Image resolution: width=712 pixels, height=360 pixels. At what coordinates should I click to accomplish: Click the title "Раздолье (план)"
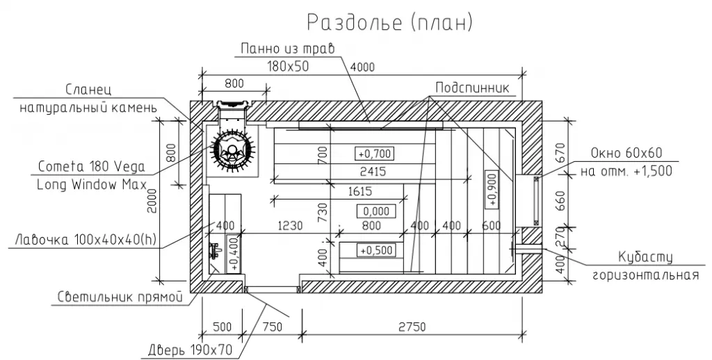pyautogui.click(x=389, y=22)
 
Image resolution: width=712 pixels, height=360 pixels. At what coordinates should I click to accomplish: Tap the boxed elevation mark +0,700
pyautogui.click(x=374, y=154)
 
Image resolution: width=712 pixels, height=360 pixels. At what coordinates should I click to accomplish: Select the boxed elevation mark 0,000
pyautogui.click(x=376, y=211)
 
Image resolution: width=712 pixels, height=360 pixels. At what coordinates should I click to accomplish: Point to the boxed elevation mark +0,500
pyautogui.click(x=376, y=250)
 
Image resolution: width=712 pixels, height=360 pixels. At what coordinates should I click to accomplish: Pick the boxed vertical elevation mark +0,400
pyautogui.click(x=234, y=254)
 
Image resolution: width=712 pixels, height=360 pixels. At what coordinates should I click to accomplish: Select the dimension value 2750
pyautogui.click(x=412, y=327)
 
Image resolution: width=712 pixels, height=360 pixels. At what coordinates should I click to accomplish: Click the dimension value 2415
pyautogui.click(x=373, y=172)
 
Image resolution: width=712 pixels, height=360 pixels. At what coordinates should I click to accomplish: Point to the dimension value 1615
pyautogui.click(x=359, y=191)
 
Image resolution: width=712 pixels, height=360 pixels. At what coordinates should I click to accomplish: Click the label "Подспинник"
pyautogui.click(x=472, y=88)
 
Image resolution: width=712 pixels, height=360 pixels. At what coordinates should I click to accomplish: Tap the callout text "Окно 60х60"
pyautogui.click(x=626, y=153)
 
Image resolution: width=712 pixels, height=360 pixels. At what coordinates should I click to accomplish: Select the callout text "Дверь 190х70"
pyautogui.click(x=190, y=350)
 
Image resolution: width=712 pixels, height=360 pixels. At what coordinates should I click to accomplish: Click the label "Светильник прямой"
pyautogui.click(x=120, y=297)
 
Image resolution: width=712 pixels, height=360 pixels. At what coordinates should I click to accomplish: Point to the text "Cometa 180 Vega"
pyautogui.click(x=92, y=167)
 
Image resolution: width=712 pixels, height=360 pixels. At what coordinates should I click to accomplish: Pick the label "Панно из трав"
pyautogui.click(x=287, y=48)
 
